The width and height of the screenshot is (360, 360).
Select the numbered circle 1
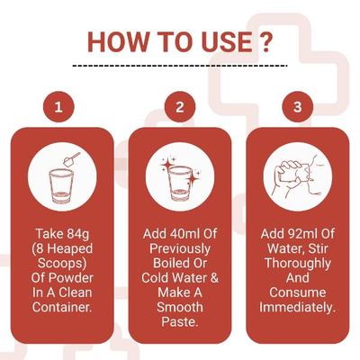(59, 108)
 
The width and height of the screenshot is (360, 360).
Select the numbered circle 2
(179, 108)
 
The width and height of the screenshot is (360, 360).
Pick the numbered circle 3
(298, 108)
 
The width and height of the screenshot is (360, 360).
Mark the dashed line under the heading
(179, 66)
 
